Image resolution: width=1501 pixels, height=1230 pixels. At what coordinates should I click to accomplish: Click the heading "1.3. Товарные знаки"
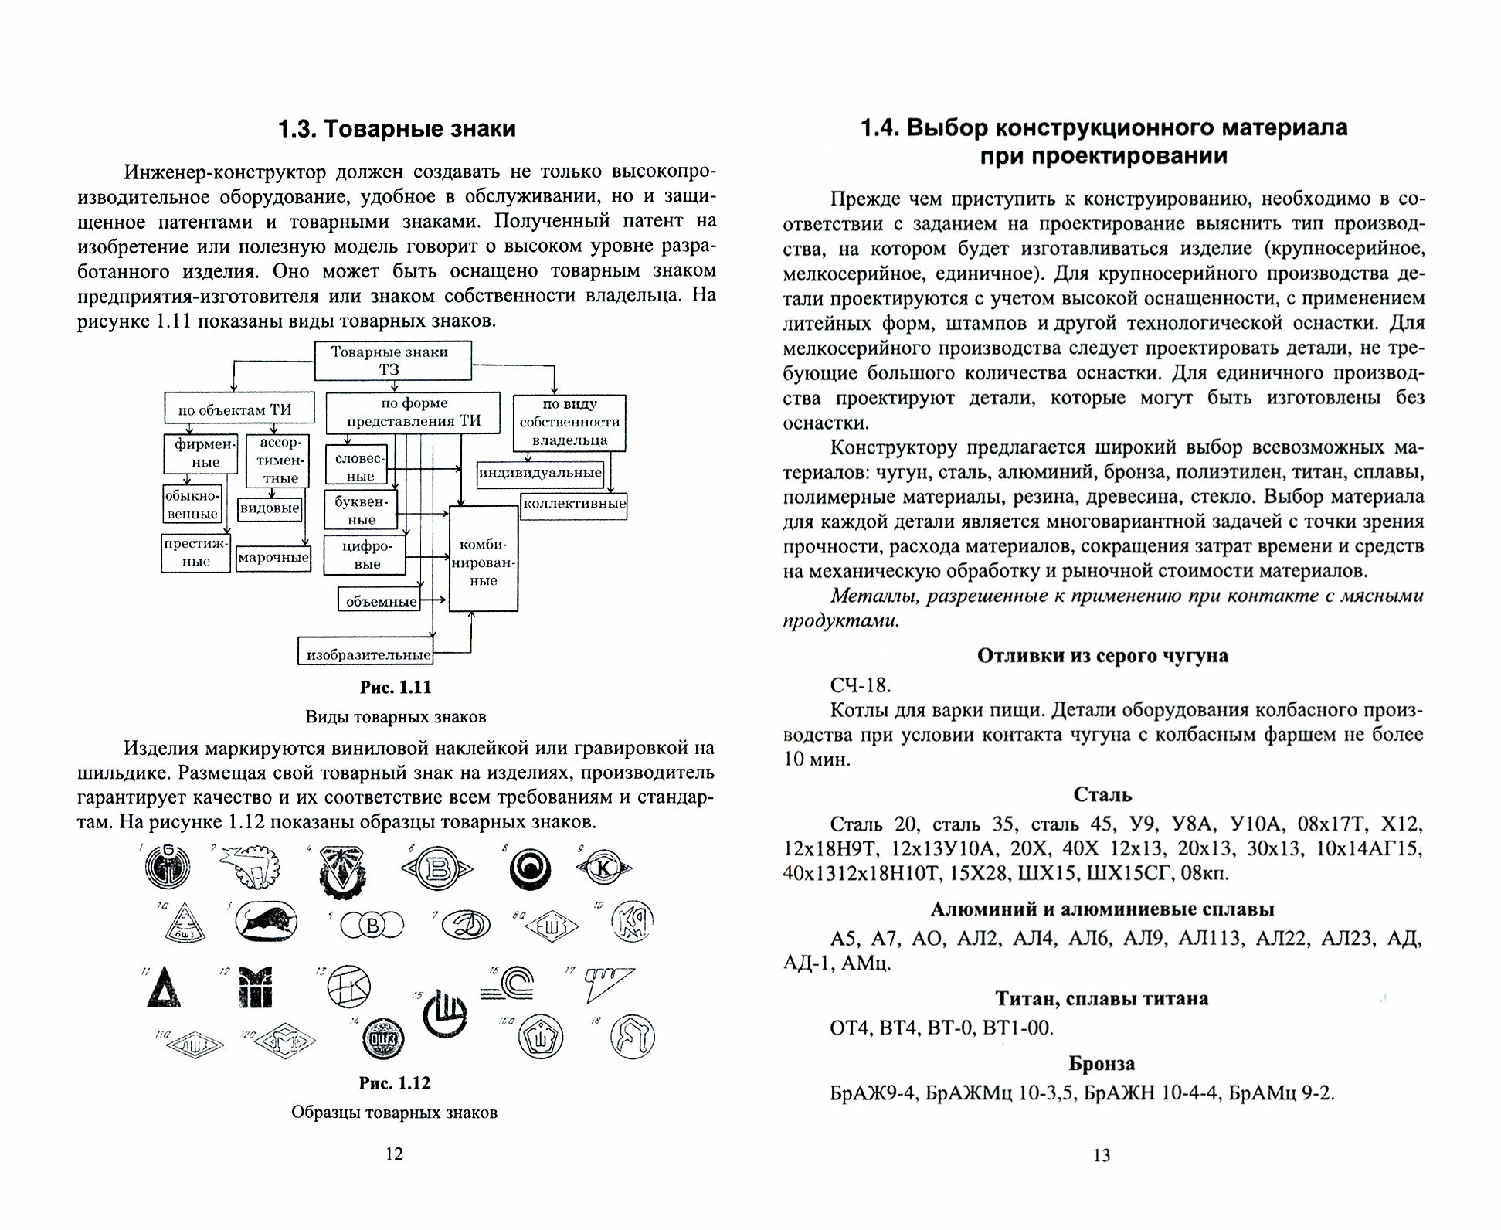point(396,128)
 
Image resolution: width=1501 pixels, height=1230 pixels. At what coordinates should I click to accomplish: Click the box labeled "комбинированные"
point(484,558)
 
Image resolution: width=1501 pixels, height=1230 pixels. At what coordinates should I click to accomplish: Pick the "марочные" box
point(273,558)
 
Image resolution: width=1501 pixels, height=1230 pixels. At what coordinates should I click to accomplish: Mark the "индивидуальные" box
point(541,474)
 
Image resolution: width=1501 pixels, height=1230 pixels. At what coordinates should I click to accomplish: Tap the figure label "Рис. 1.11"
point(396,687)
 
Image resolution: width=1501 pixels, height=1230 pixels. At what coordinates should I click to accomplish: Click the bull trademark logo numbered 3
point(265,922)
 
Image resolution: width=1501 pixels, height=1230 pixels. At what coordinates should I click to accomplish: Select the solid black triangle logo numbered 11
point(164,987)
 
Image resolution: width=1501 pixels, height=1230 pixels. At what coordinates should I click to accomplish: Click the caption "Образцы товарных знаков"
point(394,1112)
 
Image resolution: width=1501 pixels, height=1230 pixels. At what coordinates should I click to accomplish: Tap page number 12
point(394,1154)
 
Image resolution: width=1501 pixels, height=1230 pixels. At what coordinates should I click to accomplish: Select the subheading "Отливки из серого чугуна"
point(1102,655)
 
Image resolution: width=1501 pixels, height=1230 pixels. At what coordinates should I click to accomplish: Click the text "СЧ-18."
point(860,685)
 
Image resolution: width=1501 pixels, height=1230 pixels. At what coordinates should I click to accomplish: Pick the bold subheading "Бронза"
point(1102,1063)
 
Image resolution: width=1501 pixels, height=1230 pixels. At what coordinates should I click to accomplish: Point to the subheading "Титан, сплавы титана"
point(1102,998)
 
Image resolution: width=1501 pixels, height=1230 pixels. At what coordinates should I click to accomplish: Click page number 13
point(1102,1155)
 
